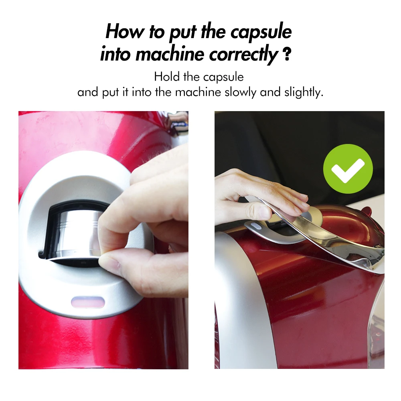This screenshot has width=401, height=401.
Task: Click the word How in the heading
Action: [x=125, y=32]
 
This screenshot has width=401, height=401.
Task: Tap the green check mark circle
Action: [x=348, y=169]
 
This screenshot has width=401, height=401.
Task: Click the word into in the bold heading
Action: [x=116, y=54]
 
